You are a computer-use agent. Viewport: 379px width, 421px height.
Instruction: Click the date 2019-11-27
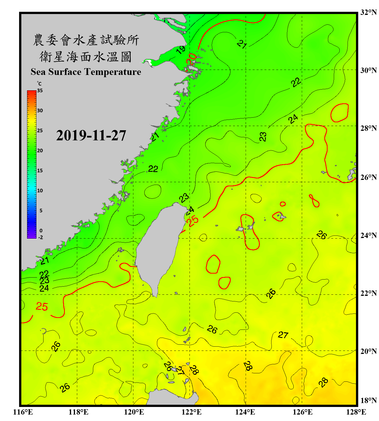click(91, 136)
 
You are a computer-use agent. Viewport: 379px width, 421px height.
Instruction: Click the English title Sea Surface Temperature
click(86, 72)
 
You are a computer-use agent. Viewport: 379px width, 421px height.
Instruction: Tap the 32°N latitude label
click(368, 12)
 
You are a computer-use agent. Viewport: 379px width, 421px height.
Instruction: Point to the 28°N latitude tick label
click(368, 128)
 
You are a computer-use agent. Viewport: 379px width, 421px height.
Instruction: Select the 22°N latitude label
click(368, 293)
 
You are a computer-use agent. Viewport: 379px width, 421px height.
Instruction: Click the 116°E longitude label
click(23, 412)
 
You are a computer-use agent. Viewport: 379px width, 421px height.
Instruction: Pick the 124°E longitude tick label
click(245, 412)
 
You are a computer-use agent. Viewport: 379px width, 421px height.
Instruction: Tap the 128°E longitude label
click(356, 412)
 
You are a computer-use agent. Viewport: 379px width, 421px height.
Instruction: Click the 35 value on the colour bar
click(40, 91)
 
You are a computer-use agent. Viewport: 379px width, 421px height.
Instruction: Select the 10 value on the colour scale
click(40, 191)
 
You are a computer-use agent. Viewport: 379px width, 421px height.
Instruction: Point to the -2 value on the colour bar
click(40, 237)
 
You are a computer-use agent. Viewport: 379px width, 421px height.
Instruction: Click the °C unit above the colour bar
click(39, 84)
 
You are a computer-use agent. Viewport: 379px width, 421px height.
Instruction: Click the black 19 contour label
click(181, 50)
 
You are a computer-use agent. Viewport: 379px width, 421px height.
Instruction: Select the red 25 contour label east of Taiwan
click(193, 221)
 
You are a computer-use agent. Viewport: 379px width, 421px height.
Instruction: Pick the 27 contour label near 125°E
click(283, 335)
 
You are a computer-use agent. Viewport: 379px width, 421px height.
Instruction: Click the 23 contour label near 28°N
click(263, 137)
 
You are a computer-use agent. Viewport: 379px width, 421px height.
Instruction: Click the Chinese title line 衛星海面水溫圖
click(86, 57)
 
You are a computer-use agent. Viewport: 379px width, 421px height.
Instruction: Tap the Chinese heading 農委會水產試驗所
click(86, 40)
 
